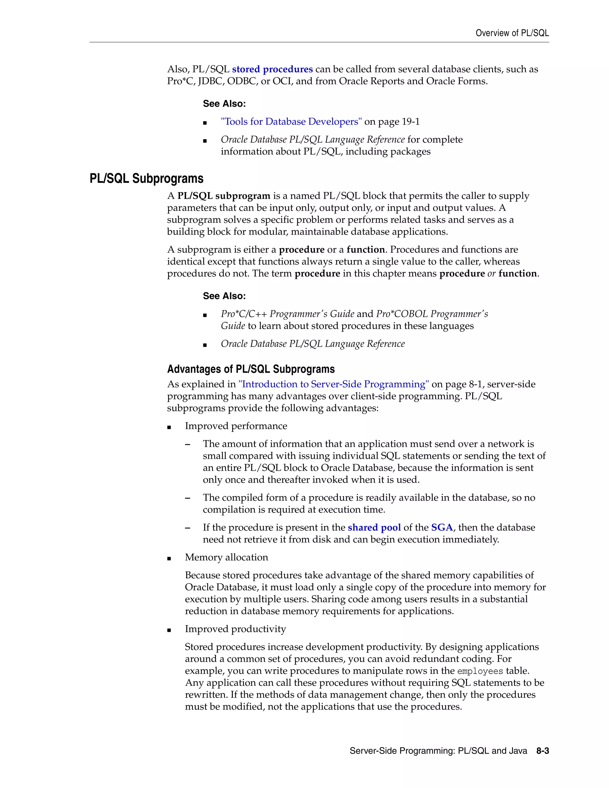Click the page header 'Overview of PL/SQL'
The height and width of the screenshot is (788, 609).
pyautogui.click(x=512, y=33)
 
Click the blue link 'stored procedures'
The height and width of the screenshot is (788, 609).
pyautogui.click(x=272, y=69)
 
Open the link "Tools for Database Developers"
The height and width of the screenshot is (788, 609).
pyautogui.click(x=291, y=122)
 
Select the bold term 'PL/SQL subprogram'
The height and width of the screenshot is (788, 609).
pyautogui.click(x=224, y=196)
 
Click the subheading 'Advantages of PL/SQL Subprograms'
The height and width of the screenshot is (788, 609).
pyautogui.click(x=251, y=369)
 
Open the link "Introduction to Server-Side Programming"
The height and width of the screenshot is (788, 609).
pyautogui.click(x=333, y=384)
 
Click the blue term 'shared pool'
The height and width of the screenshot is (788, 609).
pyautogui.click(x=374, y=528)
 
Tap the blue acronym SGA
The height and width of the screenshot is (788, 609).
pyautogui.click(x=442, y=528)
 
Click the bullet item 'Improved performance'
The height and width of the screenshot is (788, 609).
pyautogui.click(x=236, y=426)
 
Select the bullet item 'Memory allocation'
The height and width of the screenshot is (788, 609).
pyautogui.click(x=226, y=558)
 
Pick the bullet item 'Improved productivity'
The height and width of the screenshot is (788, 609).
pyautogui.click(x=235, y=629)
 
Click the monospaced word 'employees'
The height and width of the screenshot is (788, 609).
pyautogui.click(x=480, y=671)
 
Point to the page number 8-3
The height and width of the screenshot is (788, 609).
pyautogui.click(x=542, y=751)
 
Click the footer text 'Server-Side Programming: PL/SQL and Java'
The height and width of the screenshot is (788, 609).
pyautogui.click(x=438, y=751)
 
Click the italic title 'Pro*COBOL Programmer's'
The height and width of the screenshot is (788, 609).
pyautogui.click(x=432, y=314)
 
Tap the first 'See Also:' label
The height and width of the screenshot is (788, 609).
pyautogui.click(x=224, y=104)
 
